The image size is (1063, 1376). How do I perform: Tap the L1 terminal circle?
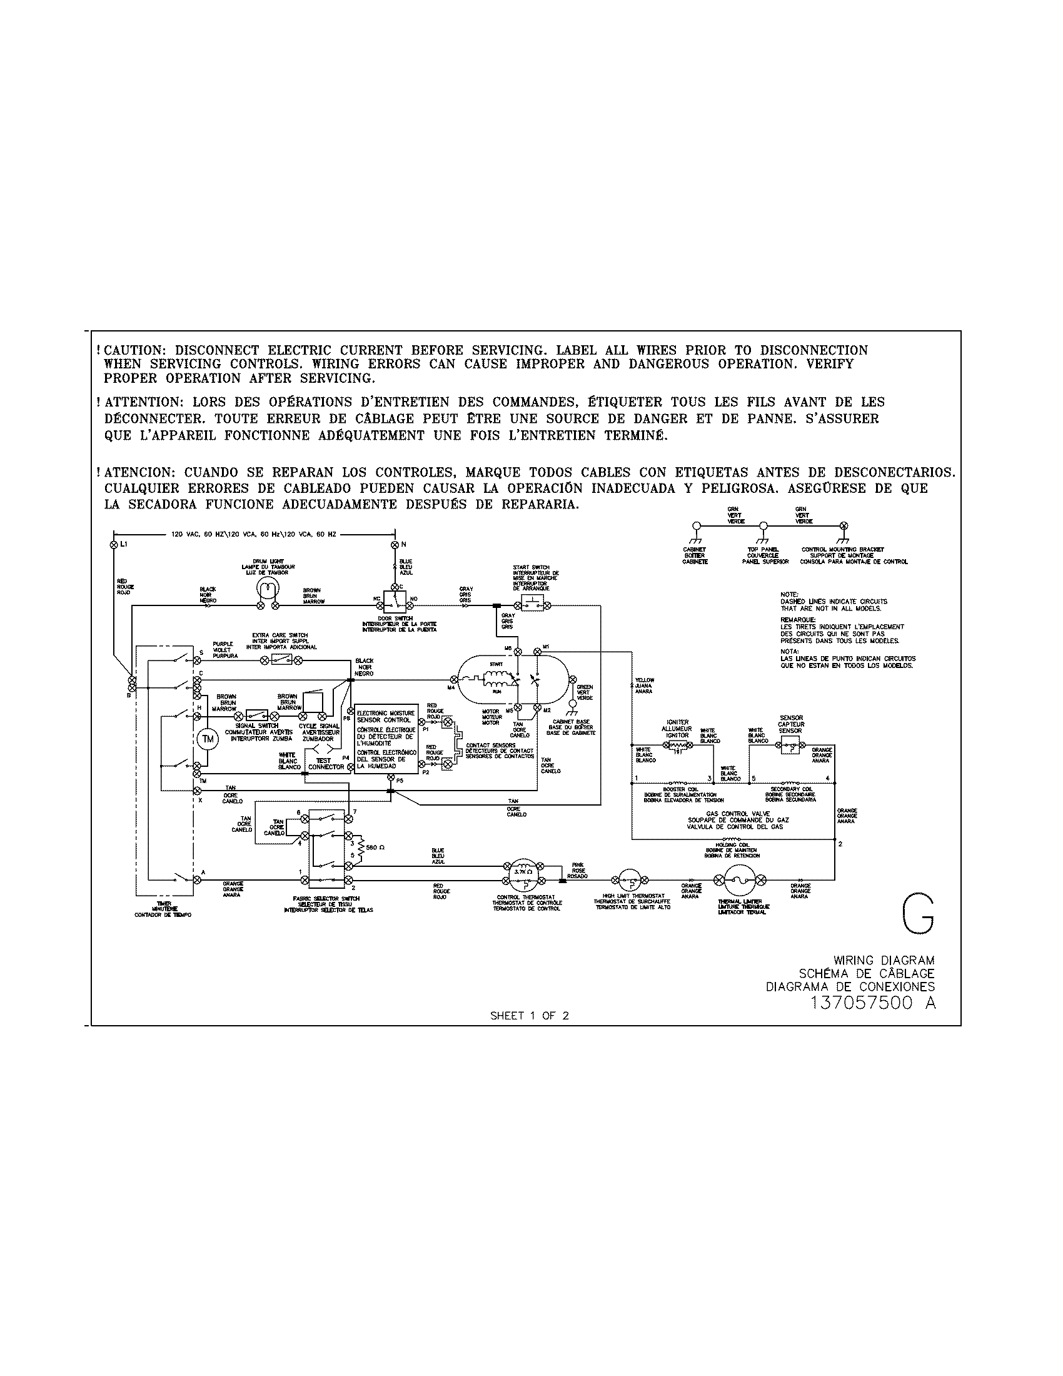[x=114, y=543]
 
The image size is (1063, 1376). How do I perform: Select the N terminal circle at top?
[x=395, y=543]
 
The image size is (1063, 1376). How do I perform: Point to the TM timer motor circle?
[x=207, y=739]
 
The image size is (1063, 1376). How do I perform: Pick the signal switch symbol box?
[x=256, y=716]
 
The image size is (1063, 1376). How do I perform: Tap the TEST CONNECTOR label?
[x=326, y=764]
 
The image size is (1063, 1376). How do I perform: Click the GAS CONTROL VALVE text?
[x=735, y=813]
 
